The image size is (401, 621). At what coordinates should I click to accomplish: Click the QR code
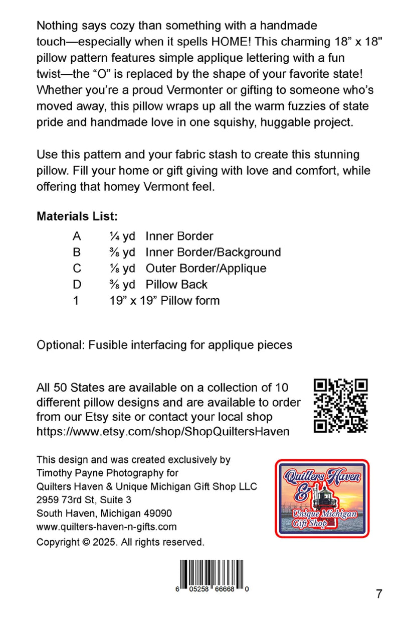[341, 405]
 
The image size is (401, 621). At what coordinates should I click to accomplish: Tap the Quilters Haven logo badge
[322, 498]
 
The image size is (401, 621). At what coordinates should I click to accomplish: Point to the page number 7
[379, 594]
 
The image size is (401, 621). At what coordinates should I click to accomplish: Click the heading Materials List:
[77, 217]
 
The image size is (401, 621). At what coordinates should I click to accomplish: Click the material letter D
[77, 284]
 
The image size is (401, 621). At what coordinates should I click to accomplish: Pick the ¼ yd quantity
[122, 236]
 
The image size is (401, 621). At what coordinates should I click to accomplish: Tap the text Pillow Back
[176, 284]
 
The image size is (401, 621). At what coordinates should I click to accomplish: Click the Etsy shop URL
[163, 431]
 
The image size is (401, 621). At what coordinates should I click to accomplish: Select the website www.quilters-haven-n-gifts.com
[107, 527]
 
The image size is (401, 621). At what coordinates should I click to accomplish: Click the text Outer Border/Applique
[206, 268]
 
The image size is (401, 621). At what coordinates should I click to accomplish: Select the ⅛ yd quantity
[122, 268]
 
